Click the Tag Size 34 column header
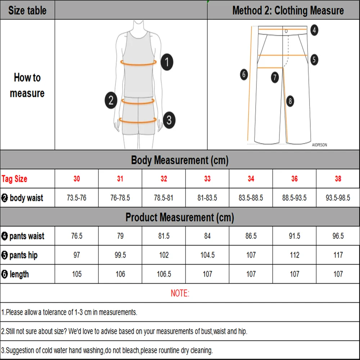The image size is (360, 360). [251, 179]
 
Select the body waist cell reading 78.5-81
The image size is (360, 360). [164, 198]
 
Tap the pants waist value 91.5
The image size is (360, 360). [294, 236]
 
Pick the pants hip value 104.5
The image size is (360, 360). [207, 255]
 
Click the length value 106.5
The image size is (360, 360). [164, 274]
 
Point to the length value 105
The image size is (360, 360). [77, 274]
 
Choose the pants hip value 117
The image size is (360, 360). [338, 255]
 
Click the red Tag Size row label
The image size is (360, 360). [14, 179]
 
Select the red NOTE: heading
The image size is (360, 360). [180, 293]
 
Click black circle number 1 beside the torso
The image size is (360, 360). [166, 62]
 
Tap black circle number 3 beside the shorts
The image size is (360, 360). [169, 120]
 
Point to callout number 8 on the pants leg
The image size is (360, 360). [291, 101]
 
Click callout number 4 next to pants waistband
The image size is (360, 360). [314, 30]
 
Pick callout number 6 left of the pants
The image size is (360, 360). [244, 75]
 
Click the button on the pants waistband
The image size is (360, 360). [286, 31]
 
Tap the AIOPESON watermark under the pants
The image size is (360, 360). [319, 145]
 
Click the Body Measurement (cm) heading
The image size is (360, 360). [180, 160]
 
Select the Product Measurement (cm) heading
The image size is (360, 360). [180, 217]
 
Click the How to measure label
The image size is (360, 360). [27, 85]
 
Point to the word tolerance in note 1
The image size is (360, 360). [54, 312]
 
